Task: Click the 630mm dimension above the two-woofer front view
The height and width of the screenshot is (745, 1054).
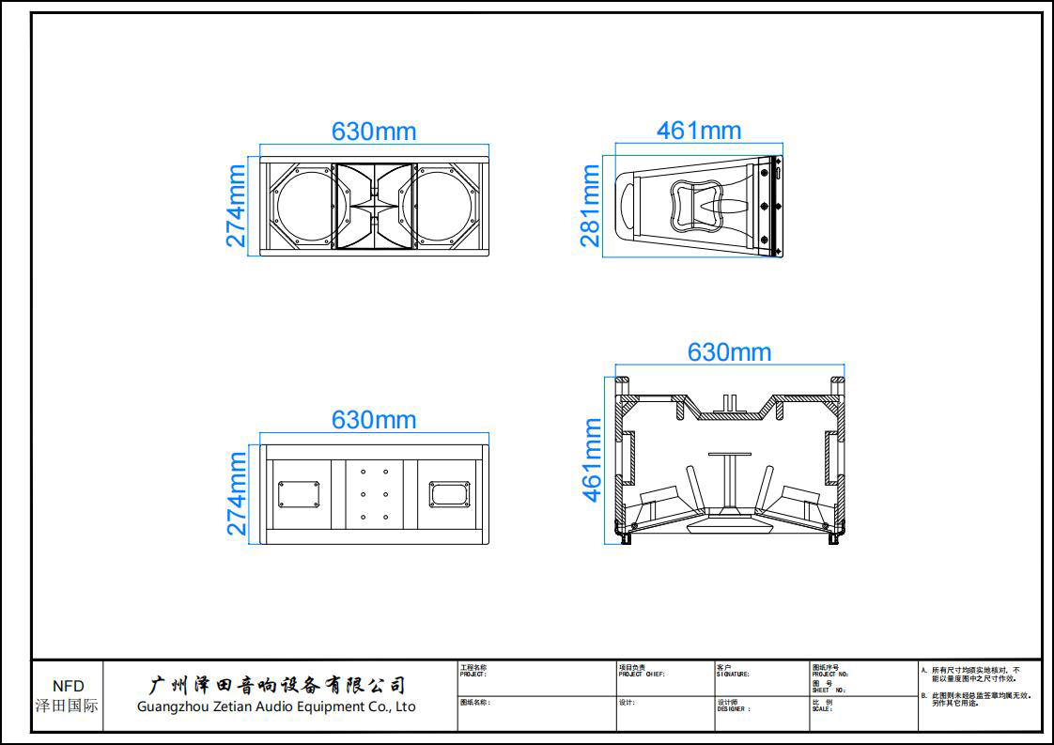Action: (x=374, y=132)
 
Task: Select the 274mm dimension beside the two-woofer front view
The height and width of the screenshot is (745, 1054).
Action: (x=236, y=206)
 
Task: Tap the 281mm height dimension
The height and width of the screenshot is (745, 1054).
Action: (x=590, y=206)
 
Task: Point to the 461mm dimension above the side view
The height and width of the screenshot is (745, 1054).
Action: (x=699, y=131)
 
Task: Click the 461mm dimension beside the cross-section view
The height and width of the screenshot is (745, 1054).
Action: (x=593, y=460)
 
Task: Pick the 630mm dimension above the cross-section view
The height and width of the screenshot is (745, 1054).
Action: (x=729, y=352)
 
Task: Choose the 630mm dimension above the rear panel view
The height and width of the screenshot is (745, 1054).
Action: (x=374, y=420)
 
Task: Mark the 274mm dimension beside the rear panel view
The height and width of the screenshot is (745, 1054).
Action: (x=237, y=493)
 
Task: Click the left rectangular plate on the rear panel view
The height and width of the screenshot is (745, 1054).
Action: (x=299, y=494)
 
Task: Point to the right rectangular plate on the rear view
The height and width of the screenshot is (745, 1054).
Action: (x=450, y=494)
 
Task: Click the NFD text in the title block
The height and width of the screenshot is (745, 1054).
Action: (x=68, y=687)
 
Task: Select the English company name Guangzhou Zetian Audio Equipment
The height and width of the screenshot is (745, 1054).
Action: (x=276, y=706)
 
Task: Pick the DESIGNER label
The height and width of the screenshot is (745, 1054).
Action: (x=734, y=709)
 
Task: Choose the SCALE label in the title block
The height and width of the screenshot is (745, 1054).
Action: (x=822, y=709)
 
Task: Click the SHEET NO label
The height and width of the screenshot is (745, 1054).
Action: (x=829, y=691)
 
